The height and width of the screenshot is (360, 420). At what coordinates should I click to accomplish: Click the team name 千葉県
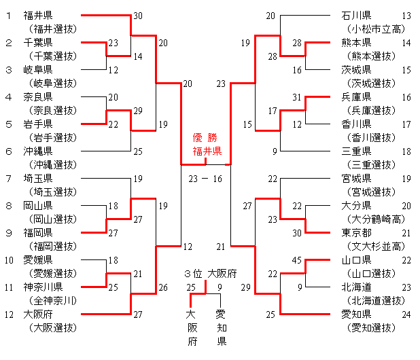pos(38,42)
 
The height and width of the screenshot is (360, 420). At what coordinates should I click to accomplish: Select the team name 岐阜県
pos(38,69)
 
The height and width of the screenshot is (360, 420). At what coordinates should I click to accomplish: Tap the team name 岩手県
pos(38,124)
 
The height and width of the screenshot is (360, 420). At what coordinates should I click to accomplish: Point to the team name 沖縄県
pos(38,151)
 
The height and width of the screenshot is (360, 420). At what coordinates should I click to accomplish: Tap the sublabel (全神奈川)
pos(52,300)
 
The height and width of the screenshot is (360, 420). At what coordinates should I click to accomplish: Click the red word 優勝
pos(206,137)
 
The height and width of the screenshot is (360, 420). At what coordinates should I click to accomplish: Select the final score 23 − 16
pos(206,179)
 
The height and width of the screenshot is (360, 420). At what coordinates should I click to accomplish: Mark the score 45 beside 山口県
pos(296,260)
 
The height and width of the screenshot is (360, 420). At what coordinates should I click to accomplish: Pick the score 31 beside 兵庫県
pos(296,97)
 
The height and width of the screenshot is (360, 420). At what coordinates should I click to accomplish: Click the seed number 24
pos(406,314)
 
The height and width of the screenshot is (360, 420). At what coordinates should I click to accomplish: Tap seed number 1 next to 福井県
pos(8,15)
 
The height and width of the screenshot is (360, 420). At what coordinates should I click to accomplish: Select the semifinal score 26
pos(163,287)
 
